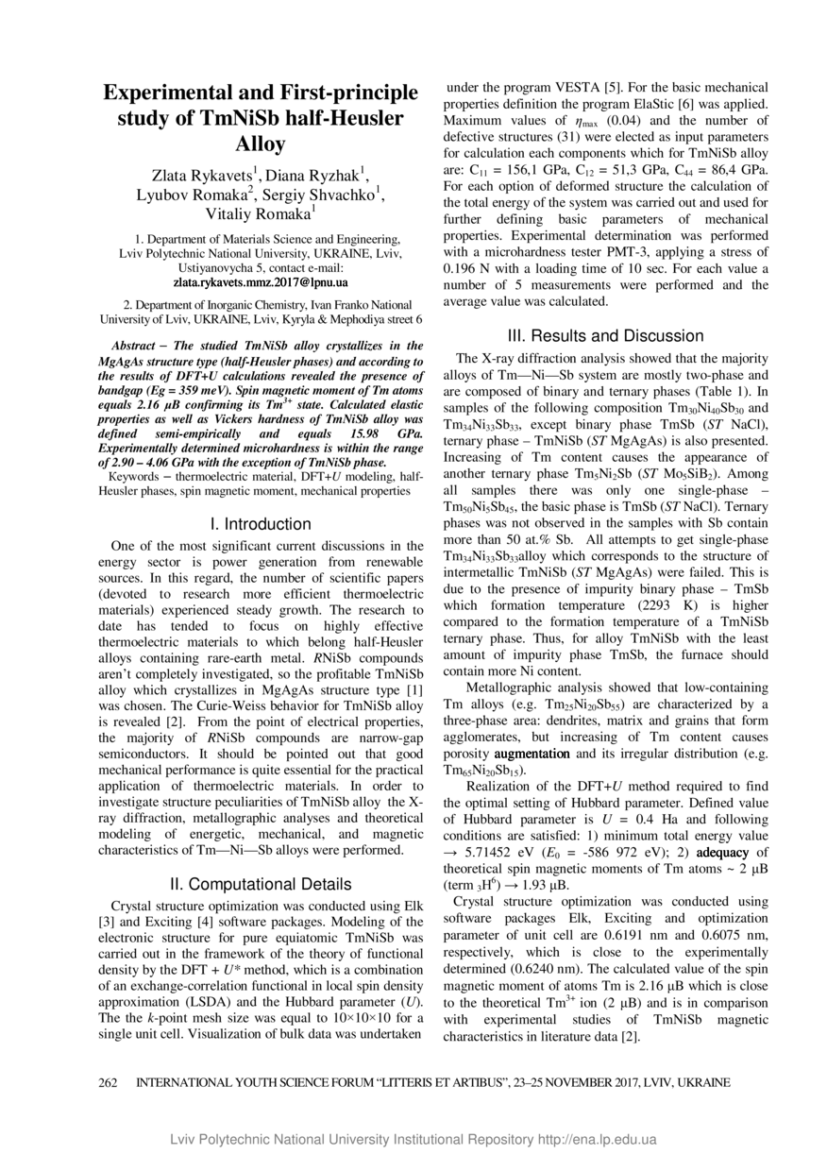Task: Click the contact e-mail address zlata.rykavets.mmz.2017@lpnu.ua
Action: tap(261, 282)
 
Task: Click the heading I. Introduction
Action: tap(261, 524)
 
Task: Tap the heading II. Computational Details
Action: tap(261, 884)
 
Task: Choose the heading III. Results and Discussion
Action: tap(605, 336)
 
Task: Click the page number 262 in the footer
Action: tap(110, 1082)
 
